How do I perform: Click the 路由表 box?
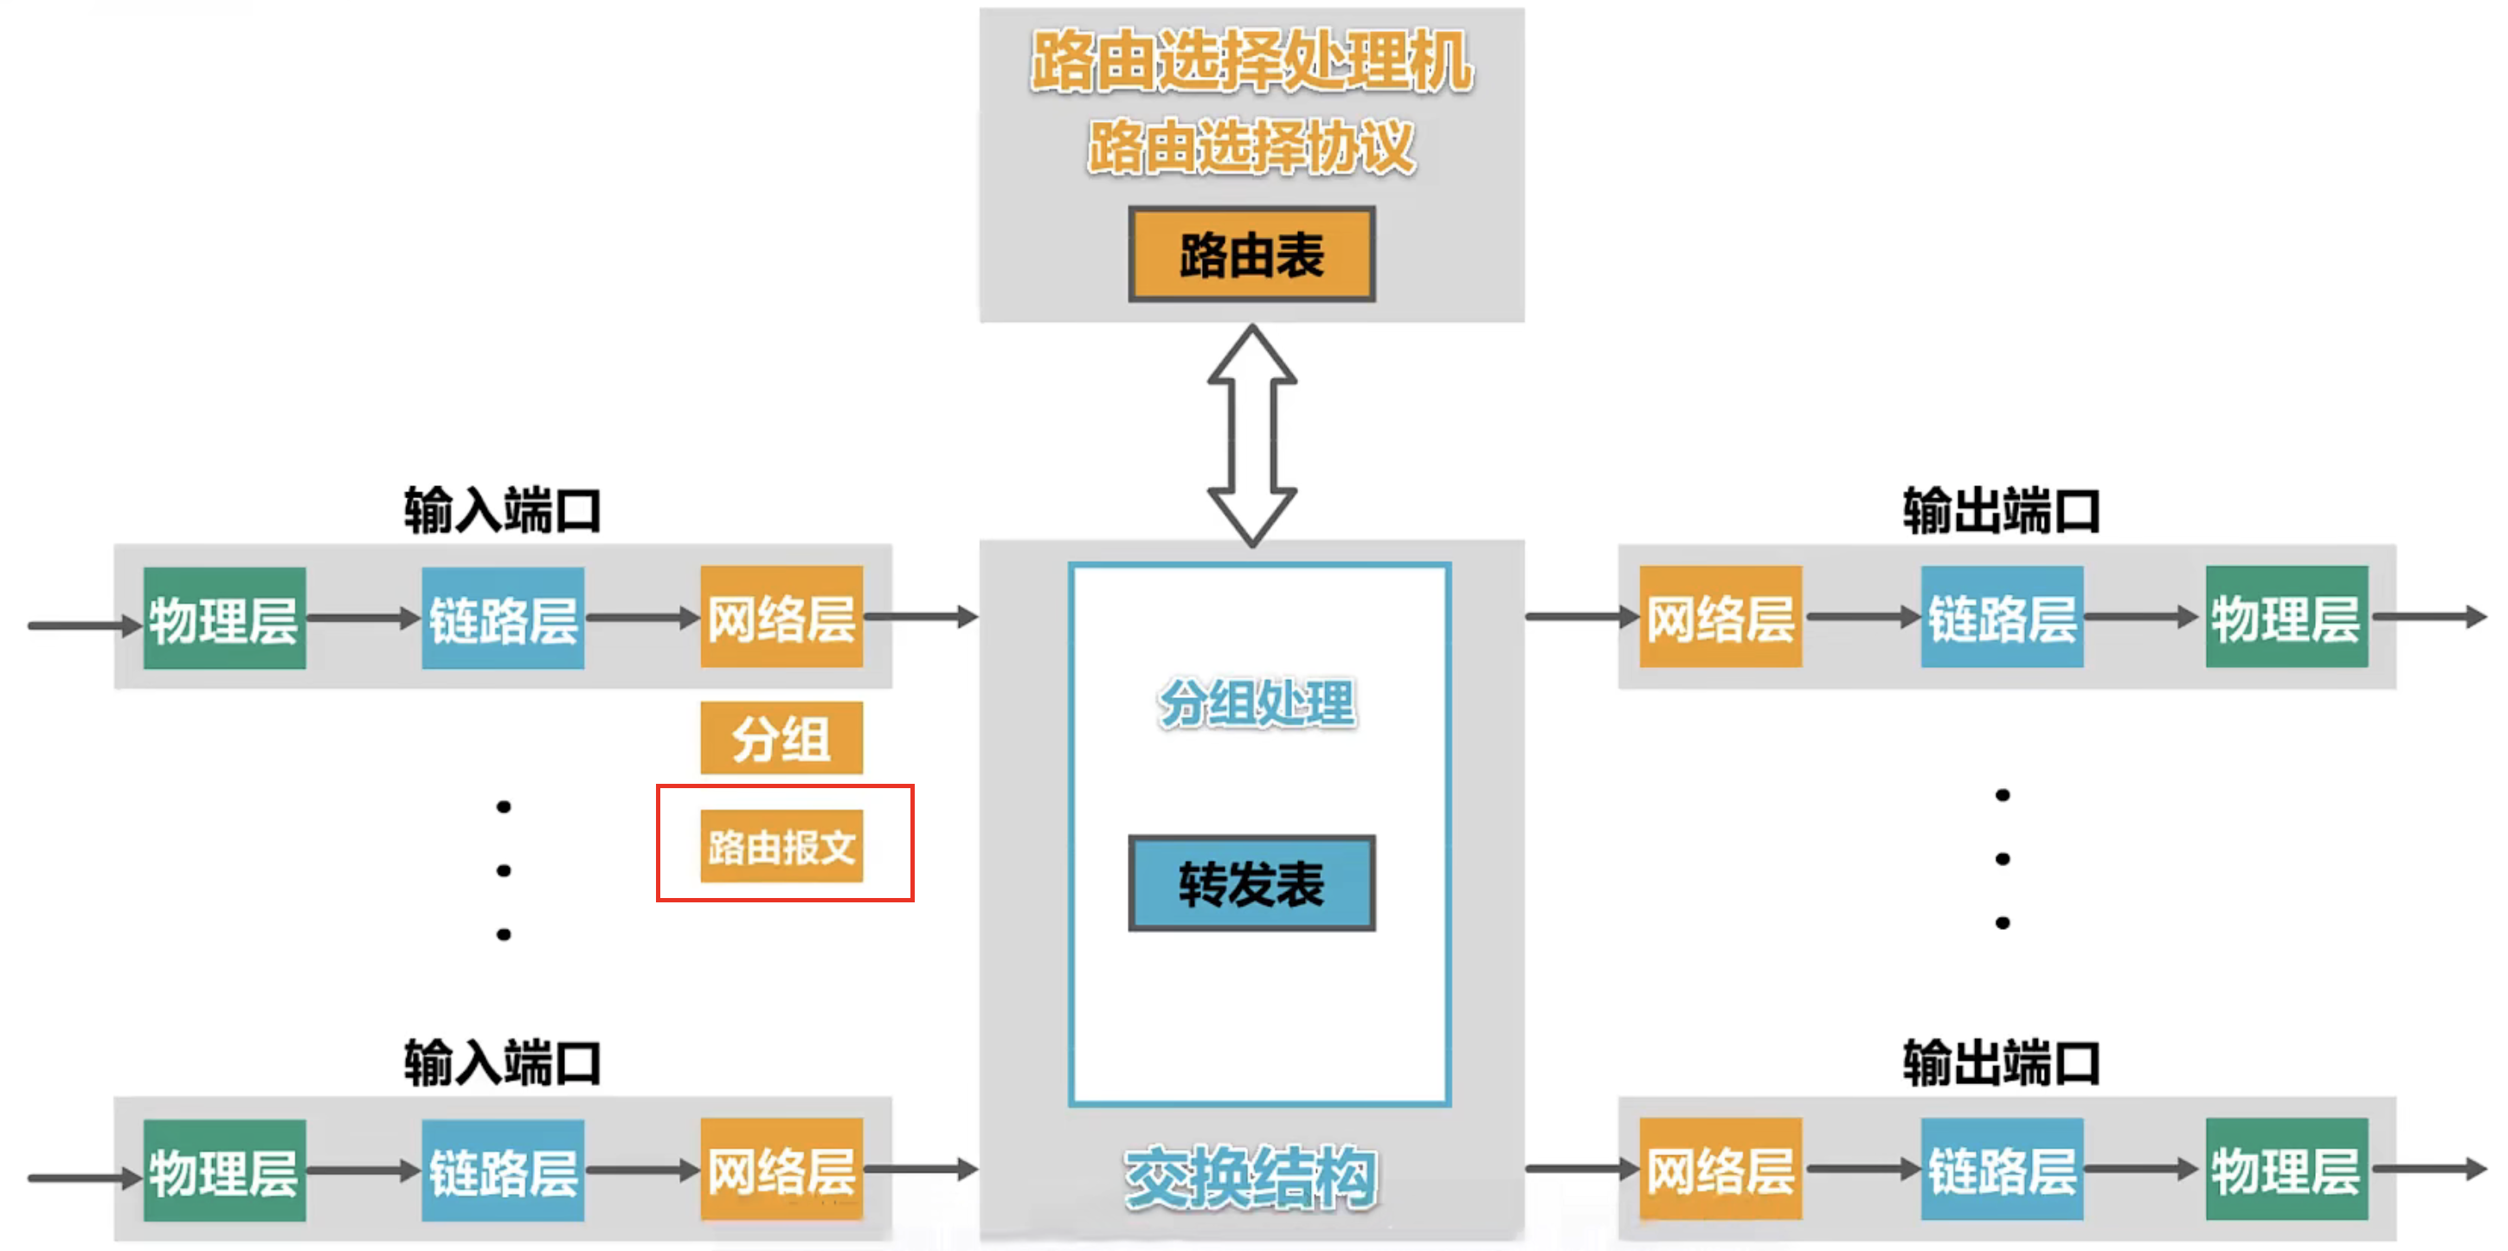point(1251,254)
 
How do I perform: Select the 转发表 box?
point(1251,883)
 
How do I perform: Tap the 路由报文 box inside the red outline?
point(781,846)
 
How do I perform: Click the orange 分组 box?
point(781,738)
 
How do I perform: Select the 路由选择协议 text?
point(1251,147)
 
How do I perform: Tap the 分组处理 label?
point(1256,702)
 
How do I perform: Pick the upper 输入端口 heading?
point(502,510)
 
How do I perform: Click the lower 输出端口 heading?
point(2001,1062)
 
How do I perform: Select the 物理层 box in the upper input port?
point(224,619)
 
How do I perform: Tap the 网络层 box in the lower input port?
point(781,1169)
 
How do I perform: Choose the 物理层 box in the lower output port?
point(2286,1169)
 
